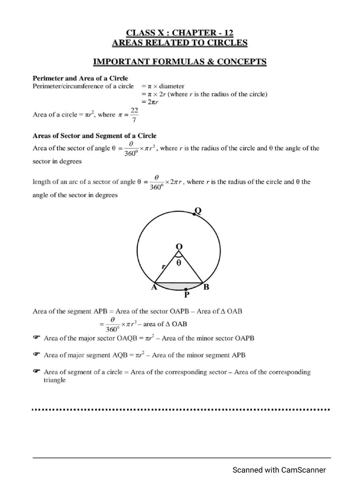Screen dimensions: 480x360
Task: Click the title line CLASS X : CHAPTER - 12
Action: (180, 32)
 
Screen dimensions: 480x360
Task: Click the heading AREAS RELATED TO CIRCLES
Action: (180, 43)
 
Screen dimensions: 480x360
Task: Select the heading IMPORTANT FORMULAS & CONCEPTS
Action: (180, 61)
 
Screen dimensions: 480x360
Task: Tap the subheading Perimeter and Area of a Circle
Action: (80, 78)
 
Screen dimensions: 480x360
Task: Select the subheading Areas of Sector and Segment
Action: (94, 136)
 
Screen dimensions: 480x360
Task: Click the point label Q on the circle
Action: (198, 210)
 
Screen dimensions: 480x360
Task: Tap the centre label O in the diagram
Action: (179, 247)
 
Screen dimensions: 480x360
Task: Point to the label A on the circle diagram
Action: (153, 288)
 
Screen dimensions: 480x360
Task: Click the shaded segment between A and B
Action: (179, 285)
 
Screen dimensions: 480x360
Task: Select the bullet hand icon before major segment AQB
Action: (37, 355)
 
